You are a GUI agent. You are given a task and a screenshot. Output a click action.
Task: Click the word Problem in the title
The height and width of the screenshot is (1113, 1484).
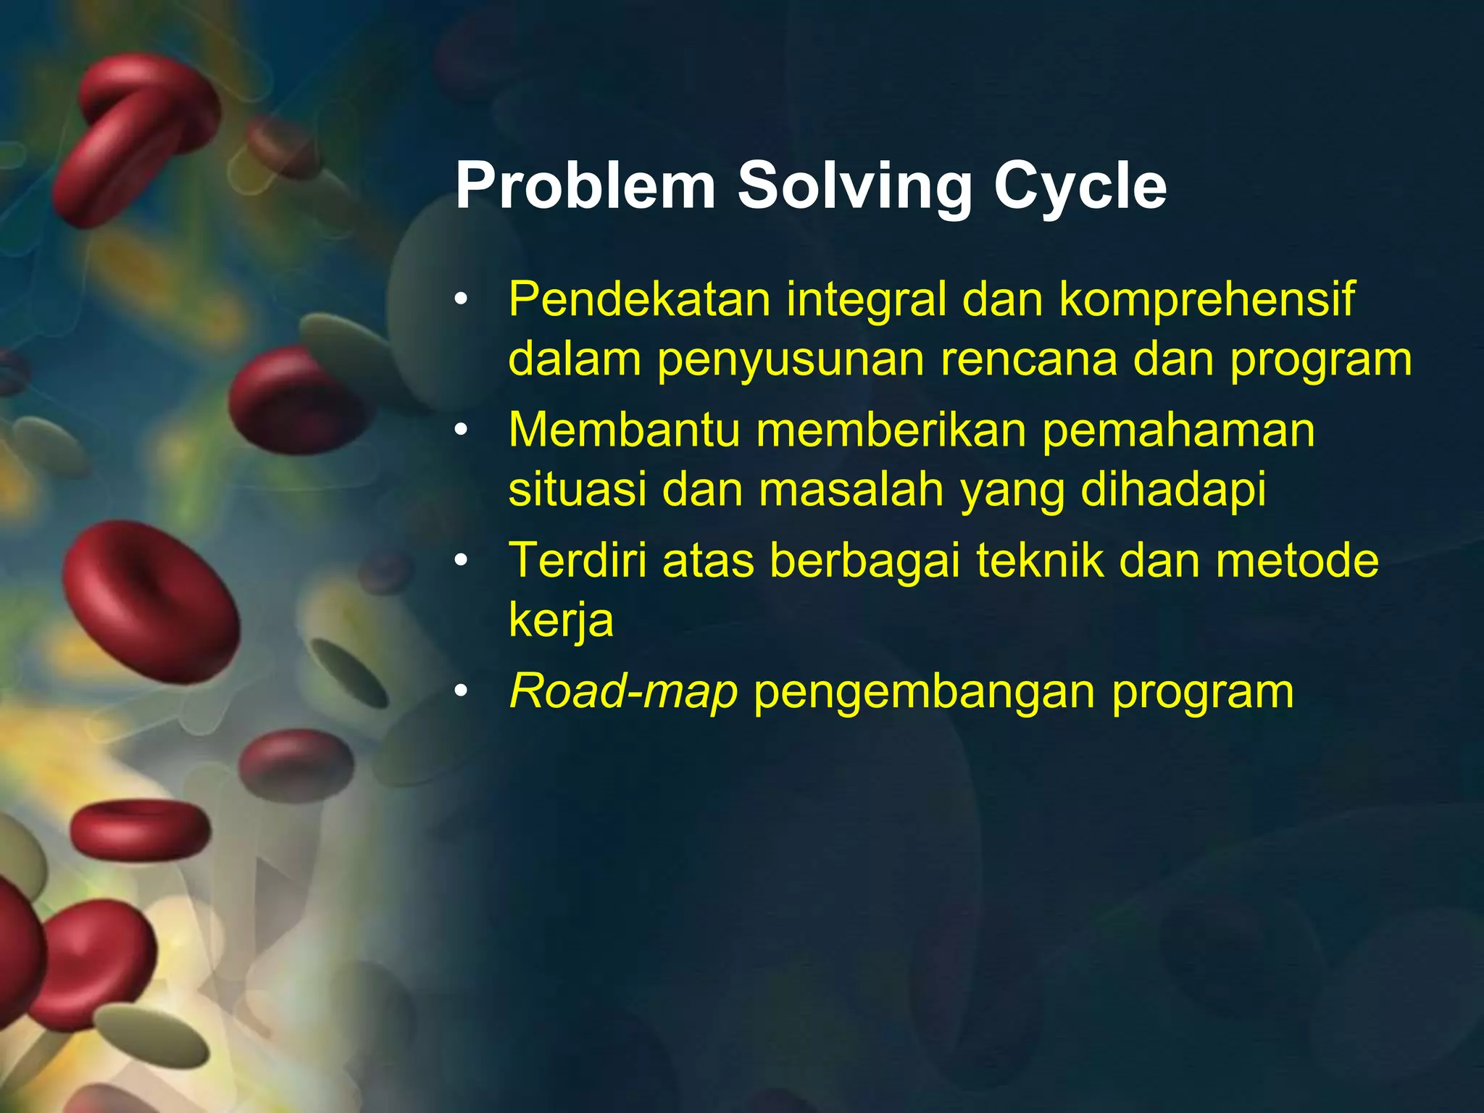coord(585,186)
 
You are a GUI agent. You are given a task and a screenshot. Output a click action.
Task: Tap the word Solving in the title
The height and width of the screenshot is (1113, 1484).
coord(854,186)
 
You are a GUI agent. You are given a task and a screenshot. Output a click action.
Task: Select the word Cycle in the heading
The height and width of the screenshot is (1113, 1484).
coord(1080,186)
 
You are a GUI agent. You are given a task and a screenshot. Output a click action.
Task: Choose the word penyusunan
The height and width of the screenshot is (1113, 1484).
coord(791,360)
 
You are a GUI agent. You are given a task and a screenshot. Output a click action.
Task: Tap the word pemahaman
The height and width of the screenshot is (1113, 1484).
coord(1178,430)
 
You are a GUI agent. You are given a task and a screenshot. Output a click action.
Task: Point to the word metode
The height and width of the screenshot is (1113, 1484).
coord(1297,560)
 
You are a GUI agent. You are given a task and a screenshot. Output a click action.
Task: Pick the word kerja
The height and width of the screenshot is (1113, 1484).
coord(561,621)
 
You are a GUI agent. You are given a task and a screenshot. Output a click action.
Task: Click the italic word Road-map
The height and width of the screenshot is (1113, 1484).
coord(623,691)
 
